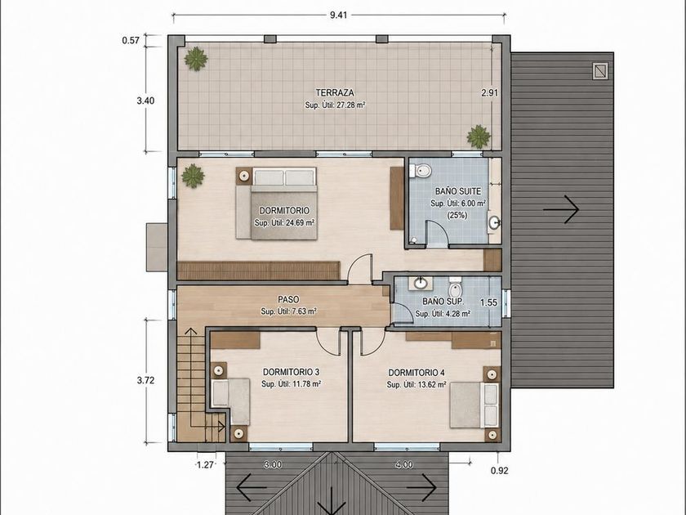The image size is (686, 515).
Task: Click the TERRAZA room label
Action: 335,93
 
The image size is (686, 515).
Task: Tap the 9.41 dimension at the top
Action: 338,15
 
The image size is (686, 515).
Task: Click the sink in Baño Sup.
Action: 421,284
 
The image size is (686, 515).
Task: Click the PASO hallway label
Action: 289,299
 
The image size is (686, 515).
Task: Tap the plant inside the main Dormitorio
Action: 193,176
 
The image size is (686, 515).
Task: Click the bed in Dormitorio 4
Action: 474,405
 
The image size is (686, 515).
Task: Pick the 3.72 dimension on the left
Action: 145,381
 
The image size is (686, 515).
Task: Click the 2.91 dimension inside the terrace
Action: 489,93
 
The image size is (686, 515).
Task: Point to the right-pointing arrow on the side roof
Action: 561,209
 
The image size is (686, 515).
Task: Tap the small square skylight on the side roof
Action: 600,71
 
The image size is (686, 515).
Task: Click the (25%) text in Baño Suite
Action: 457,216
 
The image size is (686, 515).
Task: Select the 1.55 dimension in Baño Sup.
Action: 488,302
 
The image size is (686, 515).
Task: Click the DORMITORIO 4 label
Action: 416,373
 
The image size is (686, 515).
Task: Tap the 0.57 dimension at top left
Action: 131,41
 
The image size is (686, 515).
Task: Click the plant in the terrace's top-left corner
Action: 195,59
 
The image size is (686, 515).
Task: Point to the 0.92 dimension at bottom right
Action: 499,471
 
